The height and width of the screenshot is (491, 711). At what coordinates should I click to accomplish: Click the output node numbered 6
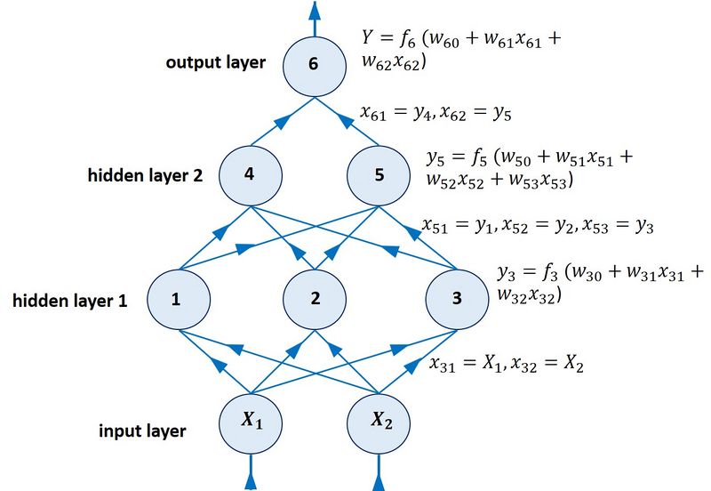(x=313, y=65)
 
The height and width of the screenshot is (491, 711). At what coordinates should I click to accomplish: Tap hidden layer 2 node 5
(x=379, y=174)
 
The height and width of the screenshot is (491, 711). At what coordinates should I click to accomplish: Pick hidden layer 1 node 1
(x=177, y=299)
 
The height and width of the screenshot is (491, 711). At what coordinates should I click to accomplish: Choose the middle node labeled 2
(x=315, y=299)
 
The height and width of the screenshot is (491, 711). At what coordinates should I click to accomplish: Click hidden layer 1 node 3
(x=457, y=299)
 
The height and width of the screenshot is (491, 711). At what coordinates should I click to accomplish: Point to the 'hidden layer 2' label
(x=145, y=175)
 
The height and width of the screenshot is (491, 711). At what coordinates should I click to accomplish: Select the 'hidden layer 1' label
(x=70, y=301)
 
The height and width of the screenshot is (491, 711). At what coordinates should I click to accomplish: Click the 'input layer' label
(x=142, y=431)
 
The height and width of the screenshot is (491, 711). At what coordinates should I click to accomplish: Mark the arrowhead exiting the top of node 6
(x=313, y=11)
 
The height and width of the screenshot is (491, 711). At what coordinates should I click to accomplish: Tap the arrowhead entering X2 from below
(x=380, y=480)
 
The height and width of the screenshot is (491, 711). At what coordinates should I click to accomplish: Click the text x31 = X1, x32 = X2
(x=506, y=363)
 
